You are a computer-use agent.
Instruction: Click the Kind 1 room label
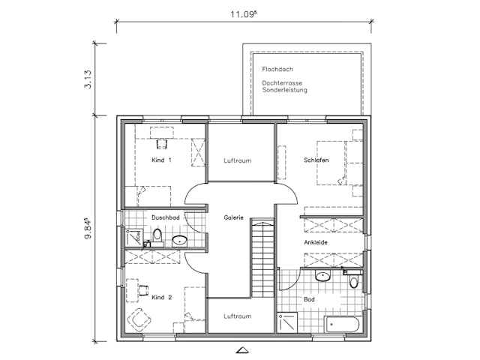click(x=161, y=160)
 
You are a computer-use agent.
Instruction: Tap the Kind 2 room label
click(x=161, y=298)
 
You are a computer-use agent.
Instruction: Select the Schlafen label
click(x=316, y=160)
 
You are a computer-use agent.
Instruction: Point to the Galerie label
click(x=234, y=217)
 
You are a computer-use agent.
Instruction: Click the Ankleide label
click(x=315, y=243)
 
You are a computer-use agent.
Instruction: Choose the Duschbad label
click(x=164, y=217)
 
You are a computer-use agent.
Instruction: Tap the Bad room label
click(x=309, y=299)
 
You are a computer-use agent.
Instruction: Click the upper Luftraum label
click(x=237, y=160)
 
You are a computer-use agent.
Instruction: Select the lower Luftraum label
click(x=237, y=316)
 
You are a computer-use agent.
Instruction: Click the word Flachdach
click(x=276, y=69)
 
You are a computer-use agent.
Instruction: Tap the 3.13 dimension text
click(x=89, y=79)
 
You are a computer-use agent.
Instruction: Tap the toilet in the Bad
click(x=354, y=281)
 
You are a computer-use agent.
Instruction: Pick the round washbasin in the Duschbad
click(x=179, y=241)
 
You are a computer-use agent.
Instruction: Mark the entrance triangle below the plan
click(x=241, y=349)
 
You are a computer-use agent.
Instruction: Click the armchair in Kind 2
click(x=139, y=320)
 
